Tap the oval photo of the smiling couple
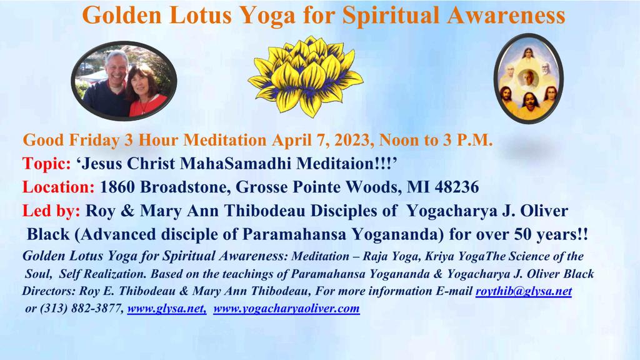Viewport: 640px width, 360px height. click(124, 81)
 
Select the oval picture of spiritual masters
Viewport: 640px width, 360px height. click(529, 79)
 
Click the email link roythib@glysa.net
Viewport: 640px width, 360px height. click(524, 291)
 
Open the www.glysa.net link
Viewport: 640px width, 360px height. click(167, 309)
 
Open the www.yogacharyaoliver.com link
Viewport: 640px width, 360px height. click(286, 309)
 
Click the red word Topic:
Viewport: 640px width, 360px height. click(46, 164)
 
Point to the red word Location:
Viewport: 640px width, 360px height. click(58, 187)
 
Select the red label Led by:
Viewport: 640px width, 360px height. click(51, 211)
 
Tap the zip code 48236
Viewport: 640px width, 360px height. click(457, 187)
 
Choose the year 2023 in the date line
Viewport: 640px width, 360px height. click(352, 140)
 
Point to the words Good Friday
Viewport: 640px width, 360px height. click(71, 140)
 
